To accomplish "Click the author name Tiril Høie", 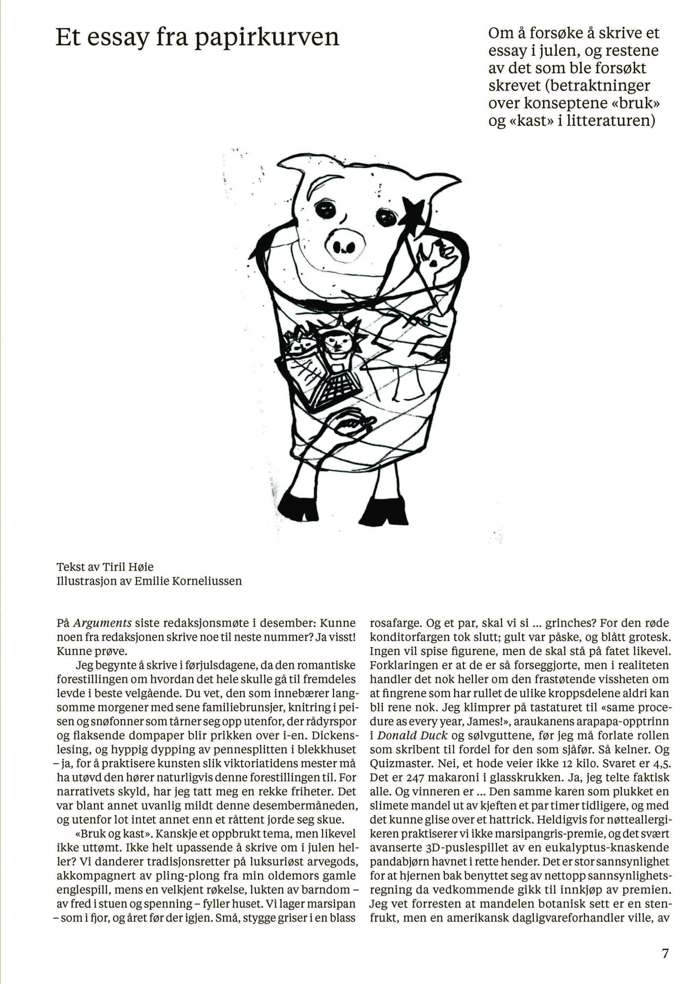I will [127, 567].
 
